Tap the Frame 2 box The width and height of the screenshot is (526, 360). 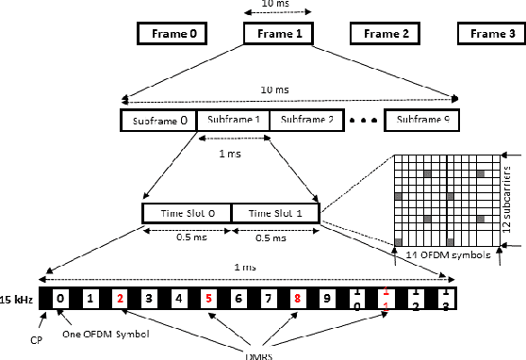(386, 34)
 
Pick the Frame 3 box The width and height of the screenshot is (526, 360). (491, 34)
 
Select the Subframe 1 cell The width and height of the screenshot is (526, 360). (232, 121)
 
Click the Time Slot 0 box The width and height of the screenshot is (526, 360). (186, 213)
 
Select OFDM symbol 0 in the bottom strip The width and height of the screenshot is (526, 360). (60, 300)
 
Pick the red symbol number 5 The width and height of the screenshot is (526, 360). (209, 300)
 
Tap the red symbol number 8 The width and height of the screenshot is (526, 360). (297, 300)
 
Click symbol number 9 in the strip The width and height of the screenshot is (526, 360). (326, 300)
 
